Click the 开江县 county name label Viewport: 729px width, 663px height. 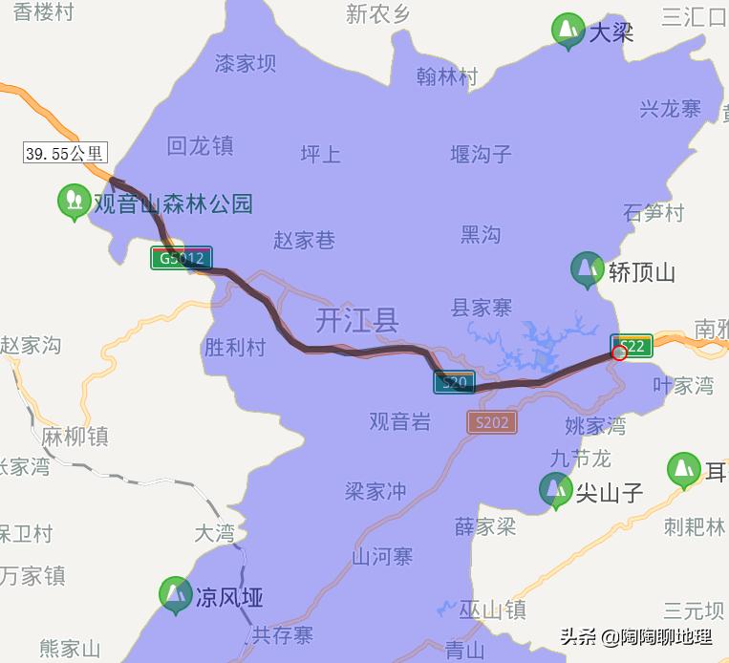point(357,319)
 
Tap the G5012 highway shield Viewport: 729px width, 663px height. point(182,258)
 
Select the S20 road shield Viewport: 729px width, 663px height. point(454,383)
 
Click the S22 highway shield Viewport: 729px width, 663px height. point(632,345)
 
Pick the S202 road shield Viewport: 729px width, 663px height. point(491,421)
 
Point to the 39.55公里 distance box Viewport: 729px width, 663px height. point(65,153)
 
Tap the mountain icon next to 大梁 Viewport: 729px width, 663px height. point(568,31)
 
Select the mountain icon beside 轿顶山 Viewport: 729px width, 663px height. point(587,270)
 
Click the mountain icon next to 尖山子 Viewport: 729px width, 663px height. point(555,490)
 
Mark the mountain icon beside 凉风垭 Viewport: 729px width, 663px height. point(175,595)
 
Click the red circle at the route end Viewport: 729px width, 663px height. point(618,353)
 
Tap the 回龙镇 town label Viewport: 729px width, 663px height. point(200,146)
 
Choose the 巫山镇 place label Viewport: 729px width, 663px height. point(492,610)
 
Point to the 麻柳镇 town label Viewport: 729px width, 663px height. point(75,437)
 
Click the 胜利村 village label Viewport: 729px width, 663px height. point(235,346)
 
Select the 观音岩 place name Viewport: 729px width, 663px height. point(400,420)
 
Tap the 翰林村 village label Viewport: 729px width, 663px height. point(447,77)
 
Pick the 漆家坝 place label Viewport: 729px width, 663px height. point(245,63)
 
